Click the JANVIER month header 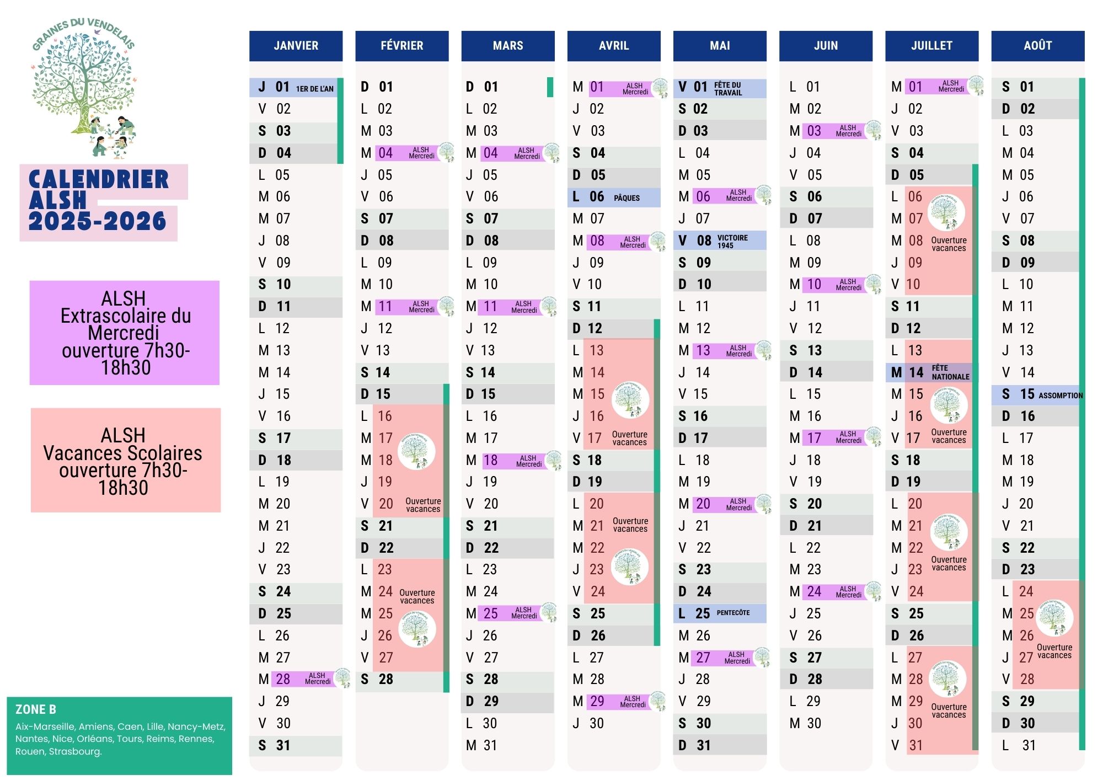pos(296,46)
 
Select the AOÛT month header pos(1037,46)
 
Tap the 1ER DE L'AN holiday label pos(314,88)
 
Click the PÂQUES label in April pos(627,197)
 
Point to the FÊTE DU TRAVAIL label pos(728,88)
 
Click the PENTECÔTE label pos(733,613)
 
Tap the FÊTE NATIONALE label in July pos(950,372)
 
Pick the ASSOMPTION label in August pos(1060,395)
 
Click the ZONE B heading pos(36,709)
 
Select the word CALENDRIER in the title pos(98,180)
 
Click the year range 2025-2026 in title pos(97,221)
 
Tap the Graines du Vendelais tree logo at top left pos(84,88)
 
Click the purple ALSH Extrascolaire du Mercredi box pos(125,333)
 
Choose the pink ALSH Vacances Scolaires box pos(126,460)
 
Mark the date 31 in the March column pos(490,745)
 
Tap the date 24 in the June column pos(814,591)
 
